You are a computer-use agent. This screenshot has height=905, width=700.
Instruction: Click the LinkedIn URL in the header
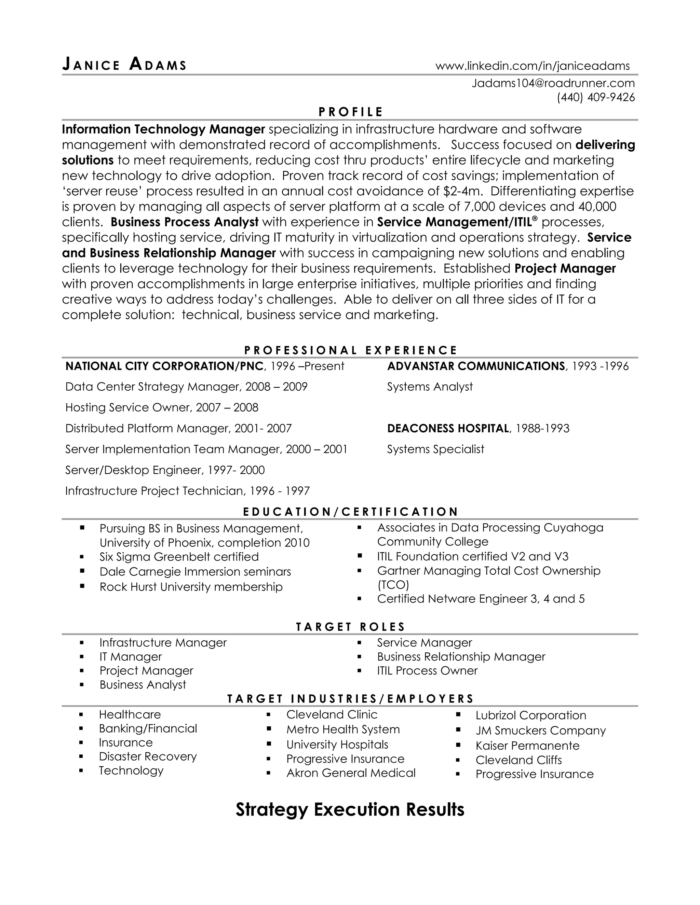click(x=533, y=66)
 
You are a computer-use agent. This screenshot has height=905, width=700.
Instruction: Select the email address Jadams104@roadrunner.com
click(x=553, y=83)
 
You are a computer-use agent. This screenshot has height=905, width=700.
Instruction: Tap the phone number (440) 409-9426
click(x=595, y=97)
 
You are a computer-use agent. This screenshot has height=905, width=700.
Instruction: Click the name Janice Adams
click(x=124, y=65)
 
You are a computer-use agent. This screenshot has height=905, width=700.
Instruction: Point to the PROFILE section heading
click(x=350, y=112)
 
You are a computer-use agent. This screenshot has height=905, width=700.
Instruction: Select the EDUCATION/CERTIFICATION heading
click(x=350, y=512)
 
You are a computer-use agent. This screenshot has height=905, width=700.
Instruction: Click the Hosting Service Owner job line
click(x=162, y=408)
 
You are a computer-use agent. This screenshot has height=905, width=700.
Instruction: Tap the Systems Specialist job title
click(x=435, y=449)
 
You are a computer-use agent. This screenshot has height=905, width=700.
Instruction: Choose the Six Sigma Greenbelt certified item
click(x=179, y=557)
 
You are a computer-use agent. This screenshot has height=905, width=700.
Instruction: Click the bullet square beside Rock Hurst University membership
click(x=82, y=586)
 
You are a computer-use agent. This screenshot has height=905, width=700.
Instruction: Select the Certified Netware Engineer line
click(x=481, y=599)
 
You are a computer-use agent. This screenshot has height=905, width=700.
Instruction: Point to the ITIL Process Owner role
click(x=427, y=671)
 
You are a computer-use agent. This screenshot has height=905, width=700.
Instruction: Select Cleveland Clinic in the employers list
click(x=332, y=715)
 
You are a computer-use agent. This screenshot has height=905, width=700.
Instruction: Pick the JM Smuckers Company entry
click(x=540, y=730)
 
